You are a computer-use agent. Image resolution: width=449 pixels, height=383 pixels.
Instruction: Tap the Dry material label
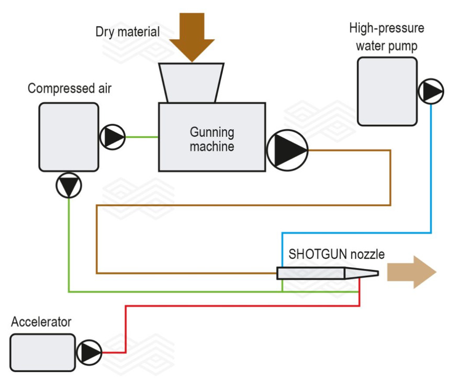click(x=127, y=31)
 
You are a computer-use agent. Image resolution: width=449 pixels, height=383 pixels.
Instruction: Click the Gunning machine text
click(x=211, y=139)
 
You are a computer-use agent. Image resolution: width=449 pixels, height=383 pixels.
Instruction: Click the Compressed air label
click(x=70, y=89)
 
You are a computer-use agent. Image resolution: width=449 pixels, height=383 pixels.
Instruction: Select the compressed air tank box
click(x=69, y=136)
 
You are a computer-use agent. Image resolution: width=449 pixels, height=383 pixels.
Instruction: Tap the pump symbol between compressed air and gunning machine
click(x=112, y=137)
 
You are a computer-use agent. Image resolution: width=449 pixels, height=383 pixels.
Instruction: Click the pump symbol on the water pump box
click(x=430, y=92)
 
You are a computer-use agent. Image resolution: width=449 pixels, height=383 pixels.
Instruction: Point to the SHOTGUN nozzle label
click(x=336, y=255)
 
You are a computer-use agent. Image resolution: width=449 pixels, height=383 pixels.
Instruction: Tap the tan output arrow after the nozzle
click(x=411, y=272)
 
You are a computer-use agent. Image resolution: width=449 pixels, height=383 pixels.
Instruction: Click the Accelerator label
click(x=41, y=321)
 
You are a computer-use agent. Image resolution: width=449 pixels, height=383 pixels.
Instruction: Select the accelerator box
click(x=42, y=353)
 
